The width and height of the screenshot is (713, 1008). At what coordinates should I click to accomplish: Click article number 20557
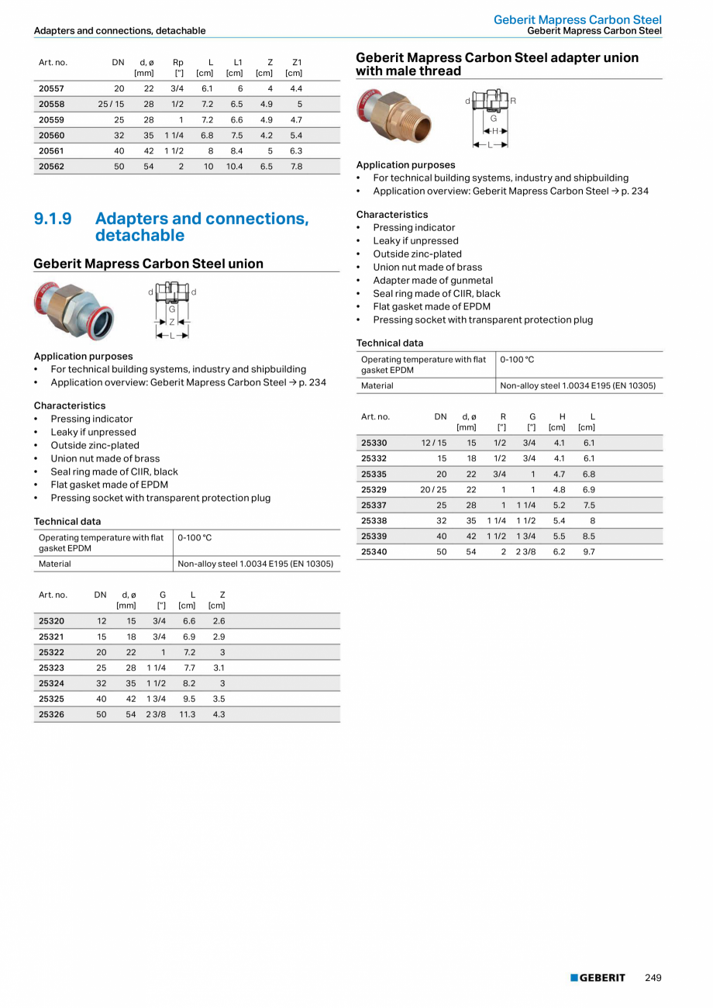pyautogui.click(x=51, y=89)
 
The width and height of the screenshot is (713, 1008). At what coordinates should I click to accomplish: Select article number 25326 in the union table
pyautogui.click(x=51, y=714)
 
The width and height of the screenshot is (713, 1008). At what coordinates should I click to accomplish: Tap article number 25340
pyautogui.click(x=374, y=552)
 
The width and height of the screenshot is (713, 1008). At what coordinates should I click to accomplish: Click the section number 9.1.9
pyautogui.click(x=53, y=219)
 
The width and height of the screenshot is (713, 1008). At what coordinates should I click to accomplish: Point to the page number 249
pyautogui.click(x=653, y=978)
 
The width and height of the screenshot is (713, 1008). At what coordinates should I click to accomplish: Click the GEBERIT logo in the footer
pyautogui.click(x=598, y=978)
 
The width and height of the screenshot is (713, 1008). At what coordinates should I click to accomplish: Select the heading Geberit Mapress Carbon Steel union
pyautogui.click(x=148, y=264)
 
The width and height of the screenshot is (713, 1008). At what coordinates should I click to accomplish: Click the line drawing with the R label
pyautogui.click(x=491, y=119)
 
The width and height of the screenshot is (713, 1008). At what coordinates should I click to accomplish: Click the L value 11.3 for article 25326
pyautogui.click(x=187, y=714)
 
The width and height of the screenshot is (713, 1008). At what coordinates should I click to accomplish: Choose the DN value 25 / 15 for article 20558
pyautogui.click(x=111, y=105)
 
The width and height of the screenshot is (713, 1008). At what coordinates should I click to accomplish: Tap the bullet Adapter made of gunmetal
pyautogui.click(x=432, y=281)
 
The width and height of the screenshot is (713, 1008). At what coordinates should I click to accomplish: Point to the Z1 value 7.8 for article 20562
pyautogui.click(x=296, y=167)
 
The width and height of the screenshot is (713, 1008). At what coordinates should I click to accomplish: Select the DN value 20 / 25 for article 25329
pyautogui.click(x=433, y=490)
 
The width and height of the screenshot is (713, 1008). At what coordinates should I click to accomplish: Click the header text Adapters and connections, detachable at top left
pyautogui.click(x=119, y=31)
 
